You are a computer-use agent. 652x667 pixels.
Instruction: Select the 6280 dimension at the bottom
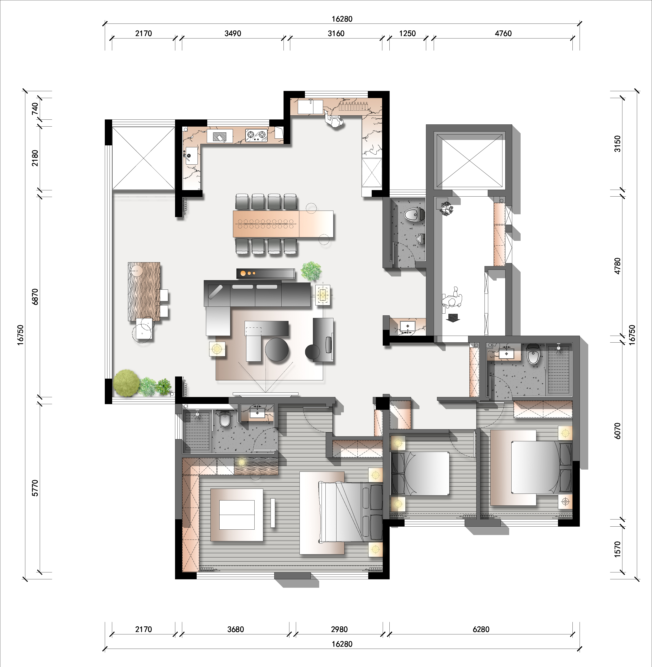tap(481, 629)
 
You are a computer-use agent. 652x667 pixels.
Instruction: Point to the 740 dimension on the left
tap(35, 109)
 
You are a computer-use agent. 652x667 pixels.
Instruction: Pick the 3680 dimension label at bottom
tap(236, 629)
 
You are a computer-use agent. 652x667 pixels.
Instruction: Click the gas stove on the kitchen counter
tap(256, 135)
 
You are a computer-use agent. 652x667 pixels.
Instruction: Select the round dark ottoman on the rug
tap(277, 349)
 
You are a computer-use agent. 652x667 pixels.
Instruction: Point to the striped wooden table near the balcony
tap(144, 292)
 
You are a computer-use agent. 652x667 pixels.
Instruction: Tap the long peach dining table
tap(283, 224)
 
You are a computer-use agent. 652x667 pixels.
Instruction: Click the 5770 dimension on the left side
tap(35, 488)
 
